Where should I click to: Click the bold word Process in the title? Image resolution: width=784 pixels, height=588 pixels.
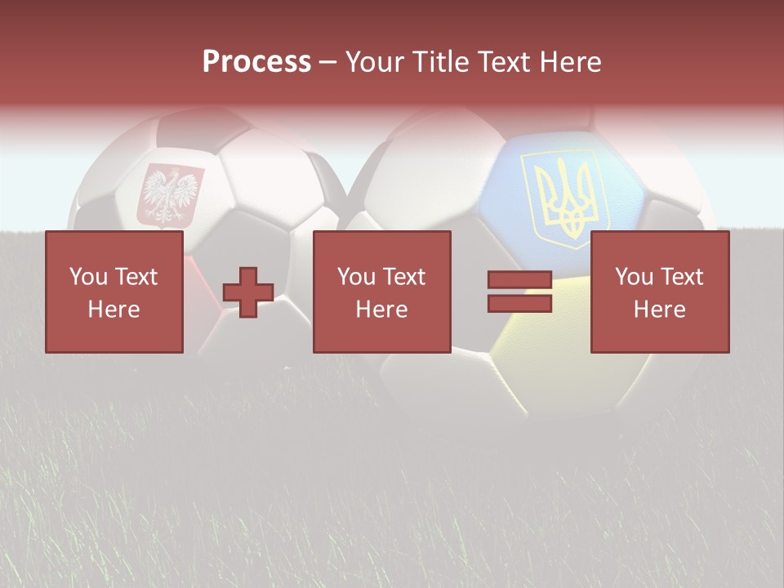point(256,62)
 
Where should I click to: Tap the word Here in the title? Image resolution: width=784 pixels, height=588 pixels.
point(569,62)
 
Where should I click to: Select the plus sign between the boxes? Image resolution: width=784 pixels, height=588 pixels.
point(248,292)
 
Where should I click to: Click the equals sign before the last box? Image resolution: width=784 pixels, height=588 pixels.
point(520,292)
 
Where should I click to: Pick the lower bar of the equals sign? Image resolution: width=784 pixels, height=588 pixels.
point(520,303)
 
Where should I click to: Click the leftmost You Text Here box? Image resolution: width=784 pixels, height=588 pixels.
point(114,292)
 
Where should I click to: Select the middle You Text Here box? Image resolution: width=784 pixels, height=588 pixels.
point(382,292)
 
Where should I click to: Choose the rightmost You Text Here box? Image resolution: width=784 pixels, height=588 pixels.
point(660,292)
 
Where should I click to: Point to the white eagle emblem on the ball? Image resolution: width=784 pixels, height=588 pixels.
point(171,194)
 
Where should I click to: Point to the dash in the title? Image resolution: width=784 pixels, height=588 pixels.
point(327,62)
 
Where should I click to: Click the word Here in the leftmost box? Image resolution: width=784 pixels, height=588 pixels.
point(114,310)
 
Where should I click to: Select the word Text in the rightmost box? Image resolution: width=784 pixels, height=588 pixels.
point(684,277)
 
